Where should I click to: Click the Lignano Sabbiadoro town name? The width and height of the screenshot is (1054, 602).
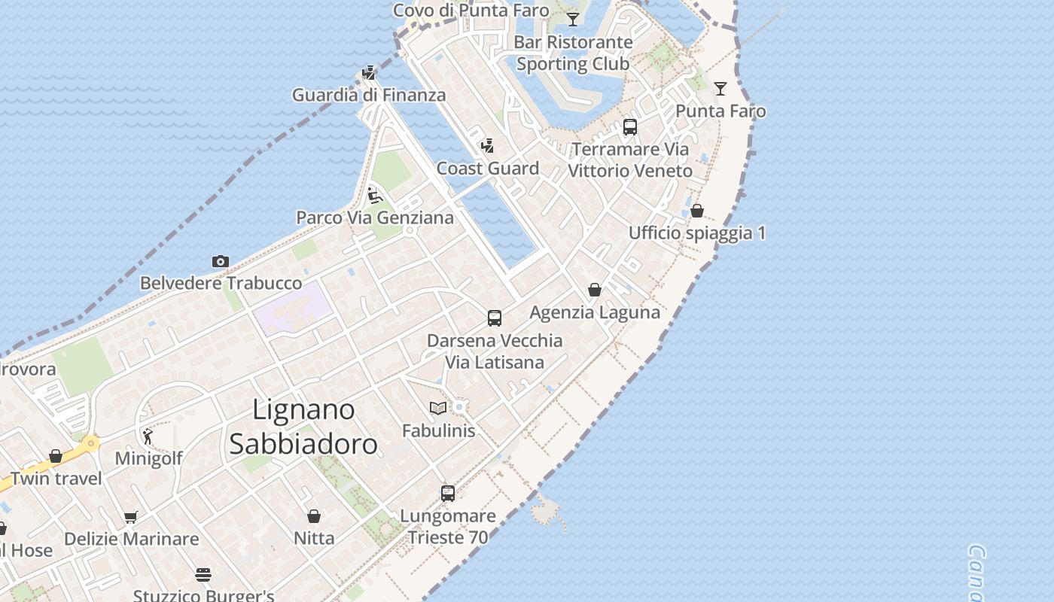303,427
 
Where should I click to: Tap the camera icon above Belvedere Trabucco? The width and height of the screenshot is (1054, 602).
220,262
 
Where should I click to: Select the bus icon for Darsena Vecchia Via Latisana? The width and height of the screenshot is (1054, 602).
495,318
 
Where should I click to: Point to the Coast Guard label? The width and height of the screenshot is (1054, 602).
488,169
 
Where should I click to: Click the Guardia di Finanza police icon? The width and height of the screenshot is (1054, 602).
369,73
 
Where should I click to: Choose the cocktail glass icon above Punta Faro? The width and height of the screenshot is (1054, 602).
720,89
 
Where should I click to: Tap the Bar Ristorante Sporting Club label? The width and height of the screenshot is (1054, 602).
573,53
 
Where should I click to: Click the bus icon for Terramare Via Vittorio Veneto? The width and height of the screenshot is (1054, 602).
630,127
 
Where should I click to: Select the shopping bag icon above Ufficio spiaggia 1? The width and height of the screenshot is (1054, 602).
697,211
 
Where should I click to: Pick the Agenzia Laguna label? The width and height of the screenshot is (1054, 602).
595,312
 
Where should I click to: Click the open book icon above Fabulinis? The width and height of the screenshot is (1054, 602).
438,408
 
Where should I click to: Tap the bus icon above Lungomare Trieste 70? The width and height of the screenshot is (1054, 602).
448,494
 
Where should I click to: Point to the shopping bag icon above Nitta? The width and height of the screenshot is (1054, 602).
314,516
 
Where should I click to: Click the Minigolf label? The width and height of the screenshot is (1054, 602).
148,458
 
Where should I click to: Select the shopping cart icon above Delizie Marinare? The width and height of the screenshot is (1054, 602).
131,517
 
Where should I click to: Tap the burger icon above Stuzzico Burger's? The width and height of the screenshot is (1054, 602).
203,575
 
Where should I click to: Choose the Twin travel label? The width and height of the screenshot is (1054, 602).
56,479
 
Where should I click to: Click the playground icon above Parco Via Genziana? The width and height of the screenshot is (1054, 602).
374,196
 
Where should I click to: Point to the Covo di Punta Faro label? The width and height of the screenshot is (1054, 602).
471,11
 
